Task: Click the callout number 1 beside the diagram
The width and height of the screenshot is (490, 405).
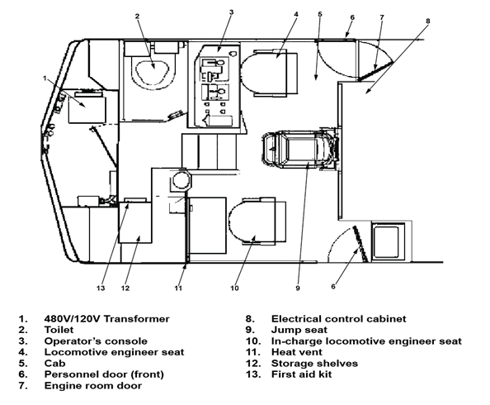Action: click(x=45, y=78)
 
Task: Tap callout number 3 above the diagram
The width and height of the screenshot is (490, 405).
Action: click(x=231, y=12)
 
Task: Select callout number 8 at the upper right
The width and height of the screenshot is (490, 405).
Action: click(x=428, y=21)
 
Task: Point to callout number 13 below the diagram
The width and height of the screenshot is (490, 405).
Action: click(x=101, y=288)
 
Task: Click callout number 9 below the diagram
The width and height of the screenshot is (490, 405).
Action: click(x=298, y=288)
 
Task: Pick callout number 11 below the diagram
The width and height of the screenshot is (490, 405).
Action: click(x=178, y=288)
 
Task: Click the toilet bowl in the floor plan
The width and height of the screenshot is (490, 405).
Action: click(x=152, y=70)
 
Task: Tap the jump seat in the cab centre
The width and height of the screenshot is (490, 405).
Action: click(x=301, y=150)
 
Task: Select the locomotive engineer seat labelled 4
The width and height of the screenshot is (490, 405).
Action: click(x=270, y=73)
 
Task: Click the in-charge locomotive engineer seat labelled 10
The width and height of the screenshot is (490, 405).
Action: click(x=257, y=221)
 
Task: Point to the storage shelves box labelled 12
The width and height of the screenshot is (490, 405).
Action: click(x=135, y=222)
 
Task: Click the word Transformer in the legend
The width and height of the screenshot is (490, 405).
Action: click(x=136, y=319)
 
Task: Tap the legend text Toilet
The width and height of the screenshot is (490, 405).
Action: click(x=59, y=330)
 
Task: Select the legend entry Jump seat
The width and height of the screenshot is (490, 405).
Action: click(x=299, y=330)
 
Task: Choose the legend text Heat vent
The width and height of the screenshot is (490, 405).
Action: click(x=297, y=352)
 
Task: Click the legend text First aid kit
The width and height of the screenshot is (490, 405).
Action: click(x=301, y=374)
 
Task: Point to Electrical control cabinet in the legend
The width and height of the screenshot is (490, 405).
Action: click(x=338, y=319)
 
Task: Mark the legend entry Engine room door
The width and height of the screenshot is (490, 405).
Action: click(x=93, y=386)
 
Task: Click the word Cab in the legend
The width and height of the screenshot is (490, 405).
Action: click(x=54, y=364)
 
